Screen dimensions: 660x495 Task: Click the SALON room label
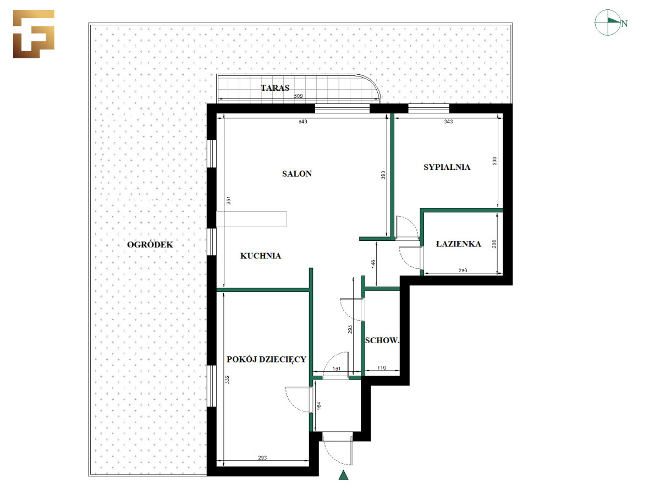pyautogui.click(x=296, y=174)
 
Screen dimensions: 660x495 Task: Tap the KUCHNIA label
pyautogui.click(x=260, y=256)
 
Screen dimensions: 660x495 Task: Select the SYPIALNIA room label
pyautogui.click(x=447, y=167)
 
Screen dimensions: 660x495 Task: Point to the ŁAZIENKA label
pyautogui.click(x=458, y=244)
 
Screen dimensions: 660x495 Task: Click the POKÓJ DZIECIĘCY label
pyautogui.click(x=266, y=360)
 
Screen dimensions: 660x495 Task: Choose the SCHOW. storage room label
pyautogui.click(x=382, y=340)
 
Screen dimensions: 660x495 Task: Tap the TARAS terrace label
pyautogui.click(x=275, y=88)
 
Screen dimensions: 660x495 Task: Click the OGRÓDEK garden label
pyautogui.click(x=150, y=245)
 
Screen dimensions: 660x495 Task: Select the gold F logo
pyautogui.click(x=34, y=34)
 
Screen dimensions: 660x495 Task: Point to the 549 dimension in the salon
pyautogui.click(x=303, y=122)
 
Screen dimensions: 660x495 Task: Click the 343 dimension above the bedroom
pyautogui.click(x=448, y=122)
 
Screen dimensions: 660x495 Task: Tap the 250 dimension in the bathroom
pyautogui.click(x=463, y=271)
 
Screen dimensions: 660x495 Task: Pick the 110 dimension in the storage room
pyautogui.click(x=381, y=367)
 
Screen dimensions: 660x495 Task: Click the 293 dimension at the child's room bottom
pyautogui.click(x=262, y=458)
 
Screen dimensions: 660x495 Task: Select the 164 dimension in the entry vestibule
pyautogui.click(x=319, y=406)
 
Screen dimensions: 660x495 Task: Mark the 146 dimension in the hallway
pyautogui.click(x=373, y=264)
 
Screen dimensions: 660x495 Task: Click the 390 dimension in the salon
pyautogui.click(x=383, y=175)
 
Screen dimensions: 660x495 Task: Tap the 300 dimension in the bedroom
pyautogui.click(x=494, y=161)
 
